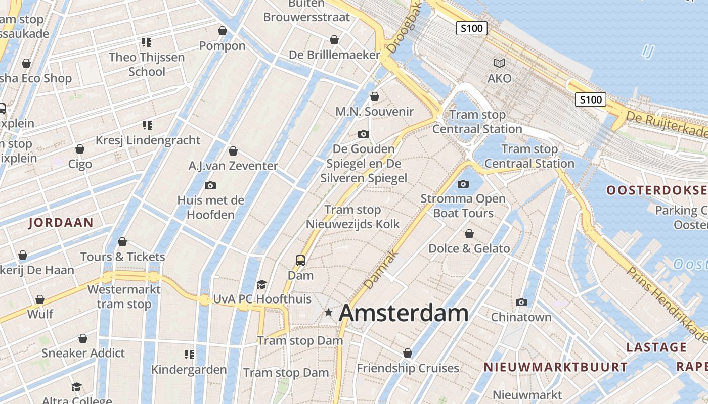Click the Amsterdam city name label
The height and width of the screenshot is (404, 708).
404,313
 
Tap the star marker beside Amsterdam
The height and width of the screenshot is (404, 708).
329,313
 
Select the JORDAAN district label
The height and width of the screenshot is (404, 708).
61,223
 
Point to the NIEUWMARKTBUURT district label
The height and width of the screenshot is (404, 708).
555,367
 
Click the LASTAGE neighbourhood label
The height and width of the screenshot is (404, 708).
656,347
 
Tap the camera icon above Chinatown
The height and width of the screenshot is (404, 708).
521,302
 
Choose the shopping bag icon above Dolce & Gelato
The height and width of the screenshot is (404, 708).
469,234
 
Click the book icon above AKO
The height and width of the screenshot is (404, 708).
499,63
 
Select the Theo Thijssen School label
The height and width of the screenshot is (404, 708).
147,64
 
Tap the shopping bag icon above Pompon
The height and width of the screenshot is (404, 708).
222,31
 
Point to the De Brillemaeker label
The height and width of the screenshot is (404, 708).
334,55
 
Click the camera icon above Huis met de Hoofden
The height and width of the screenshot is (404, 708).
210,185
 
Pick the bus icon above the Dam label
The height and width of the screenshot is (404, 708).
300,261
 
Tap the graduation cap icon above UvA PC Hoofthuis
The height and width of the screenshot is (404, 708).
261,284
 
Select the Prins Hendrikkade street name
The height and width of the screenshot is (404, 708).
666,304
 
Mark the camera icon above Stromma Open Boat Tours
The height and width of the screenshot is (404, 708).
463,184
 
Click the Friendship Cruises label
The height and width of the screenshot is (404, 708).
408,368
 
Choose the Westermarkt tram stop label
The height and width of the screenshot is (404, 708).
124,297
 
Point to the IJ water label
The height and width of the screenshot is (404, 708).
648,50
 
